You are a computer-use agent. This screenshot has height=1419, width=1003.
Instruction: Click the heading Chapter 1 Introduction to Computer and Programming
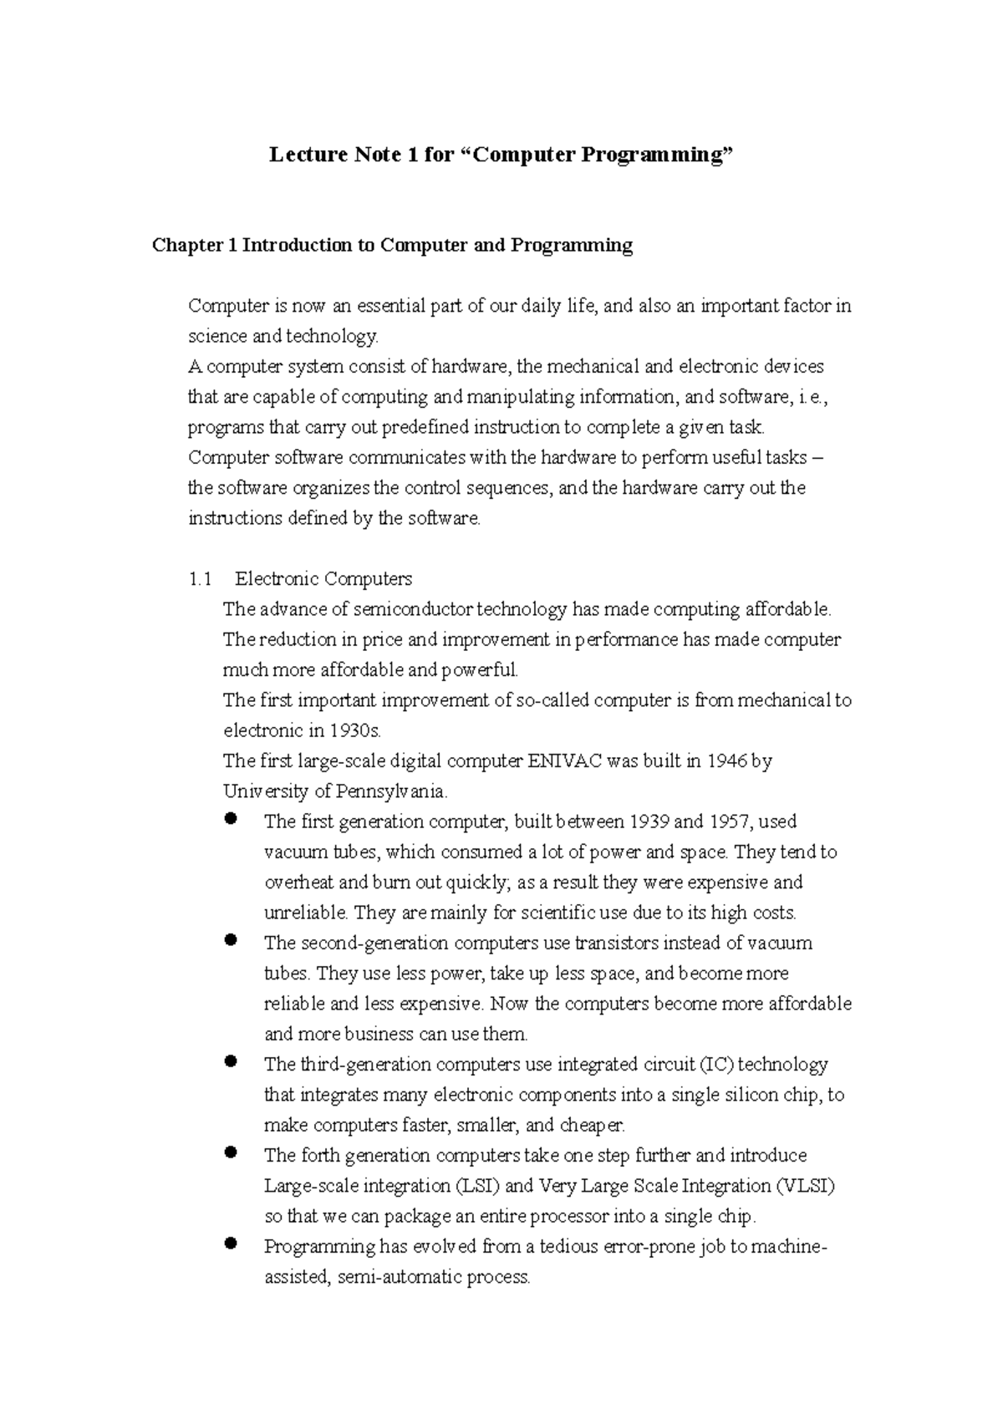pyautogui.click(x=392, y=246)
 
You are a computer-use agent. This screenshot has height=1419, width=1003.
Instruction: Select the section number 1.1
pyautogui.click(x=201, y=579)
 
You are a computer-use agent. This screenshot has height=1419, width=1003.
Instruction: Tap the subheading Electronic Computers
pyautogui.click(x=323, y=579)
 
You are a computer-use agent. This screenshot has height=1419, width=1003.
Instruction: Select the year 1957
pyautogui.click(x=729, y=822)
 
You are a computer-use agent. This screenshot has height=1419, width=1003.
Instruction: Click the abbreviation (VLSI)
pyautogui.click(x=804, y=1186)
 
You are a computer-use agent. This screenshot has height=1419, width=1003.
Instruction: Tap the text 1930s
pyautogui.click(x=354, y=731)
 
